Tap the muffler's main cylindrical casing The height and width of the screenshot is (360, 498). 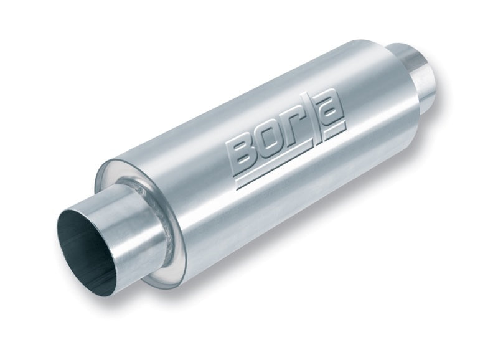[x=280, y=199]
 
